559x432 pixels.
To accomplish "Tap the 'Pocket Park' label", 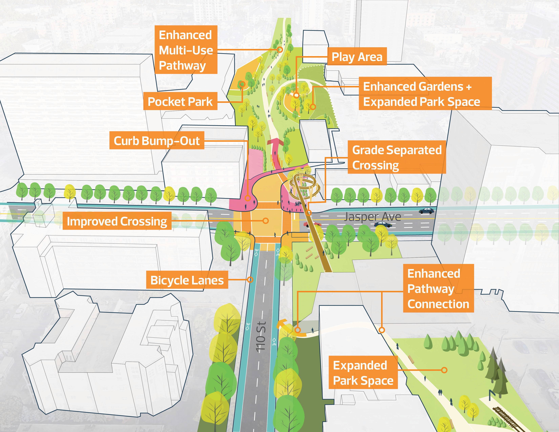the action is pos(180,101).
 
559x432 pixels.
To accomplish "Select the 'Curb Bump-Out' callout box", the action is pos(157,140).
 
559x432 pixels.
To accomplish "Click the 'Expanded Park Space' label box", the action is pos(363,373).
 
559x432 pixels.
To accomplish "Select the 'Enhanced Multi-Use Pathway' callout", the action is pos(186,50).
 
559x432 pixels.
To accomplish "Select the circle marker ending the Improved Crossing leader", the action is pos(266,221).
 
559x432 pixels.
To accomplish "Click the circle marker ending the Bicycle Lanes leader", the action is pos(250,280).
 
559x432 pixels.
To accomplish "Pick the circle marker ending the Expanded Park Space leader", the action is pos(444,370).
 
